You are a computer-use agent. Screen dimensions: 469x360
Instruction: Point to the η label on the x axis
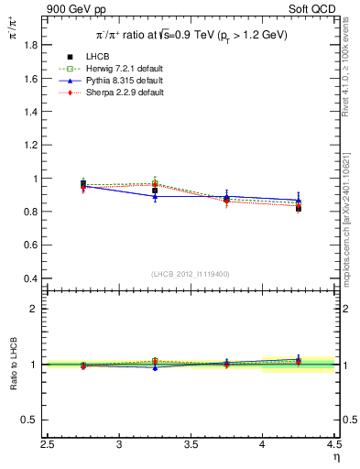click(336, 458)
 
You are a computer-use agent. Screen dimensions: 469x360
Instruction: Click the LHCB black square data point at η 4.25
click(299, 208)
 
